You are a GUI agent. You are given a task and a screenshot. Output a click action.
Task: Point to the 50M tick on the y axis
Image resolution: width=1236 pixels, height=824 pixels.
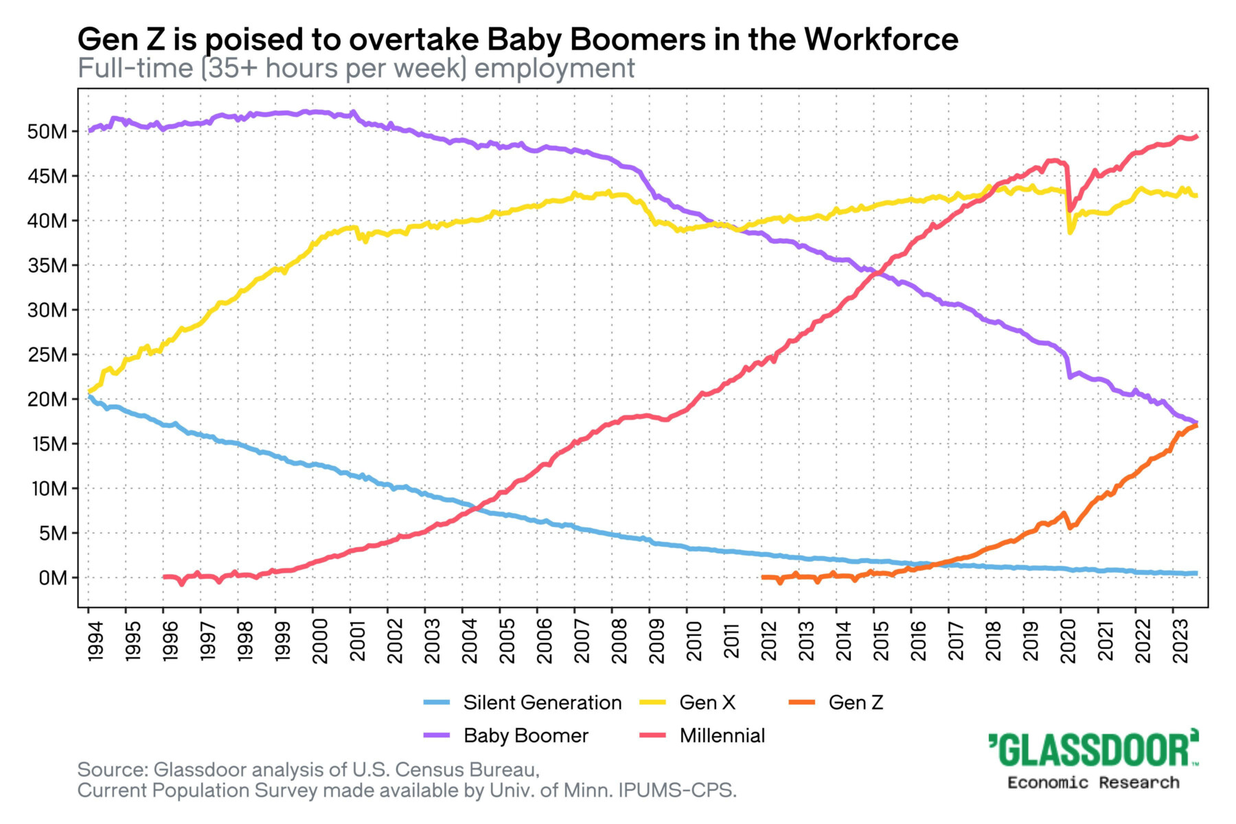click(48, 132)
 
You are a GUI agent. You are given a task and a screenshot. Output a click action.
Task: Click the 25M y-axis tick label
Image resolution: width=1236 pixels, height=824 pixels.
click(48, 355)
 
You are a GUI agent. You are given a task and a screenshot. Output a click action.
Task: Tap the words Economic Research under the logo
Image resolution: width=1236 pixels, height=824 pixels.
click(1093, 783)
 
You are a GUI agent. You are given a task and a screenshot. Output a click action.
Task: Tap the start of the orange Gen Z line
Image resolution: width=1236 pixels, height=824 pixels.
click(764, 577)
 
